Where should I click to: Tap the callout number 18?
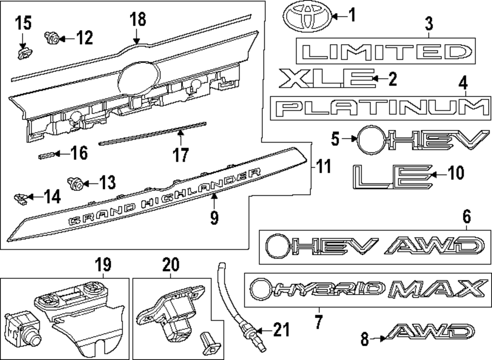coord(138,20)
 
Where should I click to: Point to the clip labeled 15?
coord(22,51)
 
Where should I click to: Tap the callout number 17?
coord(181,155)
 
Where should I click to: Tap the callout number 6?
coord(466,216)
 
